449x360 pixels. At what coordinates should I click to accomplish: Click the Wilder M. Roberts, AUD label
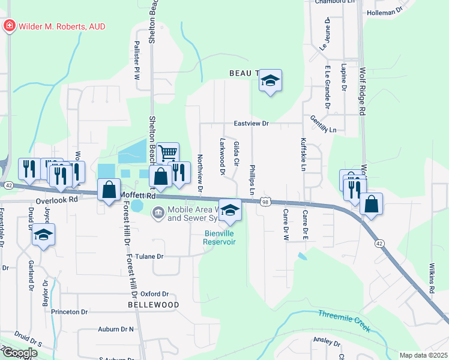tap(63, 26)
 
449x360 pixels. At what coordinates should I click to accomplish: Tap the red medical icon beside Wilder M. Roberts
tap(10, 26)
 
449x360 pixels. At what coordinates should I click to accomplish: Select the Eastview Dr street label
tap(252, 124)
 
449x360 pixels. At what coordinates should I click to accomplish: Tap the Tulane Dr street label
tap(151, 256)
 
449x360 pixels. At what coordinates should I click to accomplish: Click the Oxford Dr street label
tap(155, 294)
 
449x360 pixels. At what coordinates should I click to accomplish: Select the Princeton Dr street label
tap(69, 312)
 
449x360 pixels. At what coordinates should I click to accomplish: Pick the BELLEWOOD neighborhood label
tap(154, 305)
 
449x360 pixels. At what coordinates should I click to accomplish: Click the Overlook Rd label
tap(57, 200)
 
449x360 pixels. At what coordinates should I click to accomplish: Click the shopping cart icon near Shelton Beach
tap(168, 153)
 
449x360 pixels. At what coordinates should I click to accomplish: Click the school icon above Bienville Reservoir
tap(229, 209)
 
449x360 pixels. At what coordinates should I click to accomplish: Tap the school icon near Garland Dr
tap(43, 235)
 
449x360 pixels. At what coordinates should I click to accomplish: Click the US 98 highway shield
tap(265, 203)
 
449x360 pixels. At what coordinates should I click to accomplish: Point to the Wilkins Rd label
tap(432, 281)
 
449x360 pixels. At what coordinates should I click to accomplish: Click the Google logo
tap(19, 353)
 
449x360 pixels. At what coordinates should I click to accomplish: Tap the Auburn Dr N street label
tap(116, 329)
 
